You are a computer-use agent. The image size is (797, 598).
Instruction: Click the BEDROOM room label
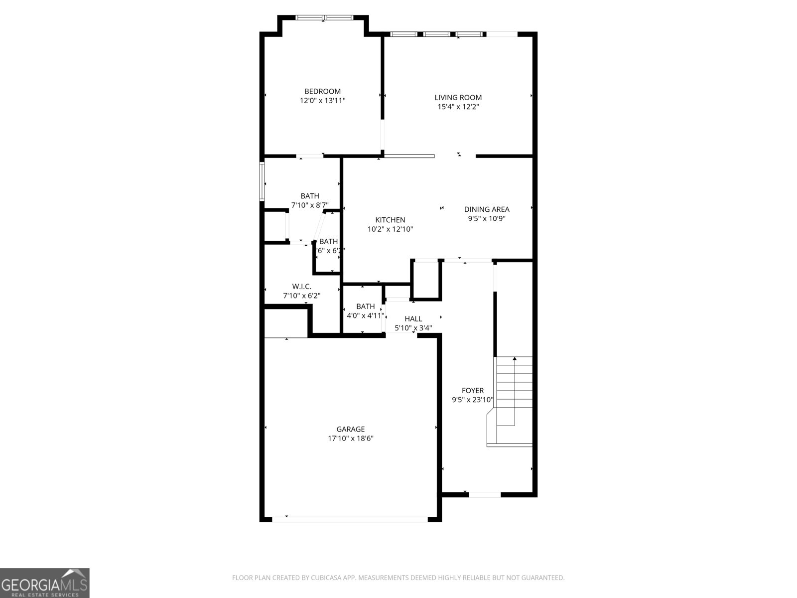coord(322,91)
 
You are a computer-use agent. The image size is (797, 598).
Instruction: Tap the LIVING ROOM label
coord(458,98)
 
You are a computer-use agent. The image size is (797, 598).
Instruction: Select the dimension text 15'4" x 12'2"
coord(458,107)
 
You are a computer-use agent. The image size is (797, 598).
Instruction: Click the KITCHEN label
coord(390,220)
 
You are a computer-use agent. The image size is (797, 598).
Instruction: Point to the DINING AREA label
coord(487,209)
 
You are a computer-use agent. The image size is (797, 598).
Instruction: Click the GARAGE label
coord(350,429)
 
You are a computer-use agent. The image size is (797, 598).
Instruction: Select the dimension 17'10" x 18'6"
coord(350,439)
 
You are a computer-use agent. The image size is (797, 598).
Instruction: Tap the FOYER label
coord(472,391)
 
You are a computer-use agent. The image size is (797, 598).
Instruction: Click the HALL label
coord(413,319)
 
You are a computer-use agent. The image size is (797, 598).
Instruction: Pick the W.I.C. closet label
coord(301,287)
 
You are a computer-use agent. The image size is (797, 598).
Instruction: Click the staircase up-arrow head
coord(515,358)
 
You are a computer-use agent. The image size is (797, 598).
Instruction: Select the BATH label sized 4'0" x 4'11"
coord(365,306)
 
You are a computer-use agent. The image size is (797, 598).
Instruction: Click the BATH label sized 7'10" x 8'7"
coord(310,196)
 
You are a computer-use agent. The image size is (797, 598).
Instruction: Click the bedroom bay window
coord(324,18)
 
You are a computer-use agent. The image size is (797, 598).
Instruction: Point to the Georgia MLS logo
coord(44,583)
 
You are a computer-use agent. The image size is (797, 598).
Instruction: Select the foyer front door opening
coord(485,494)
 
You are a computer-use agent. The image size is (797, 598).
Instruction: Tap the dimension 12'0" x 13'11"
coord(322,101)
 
